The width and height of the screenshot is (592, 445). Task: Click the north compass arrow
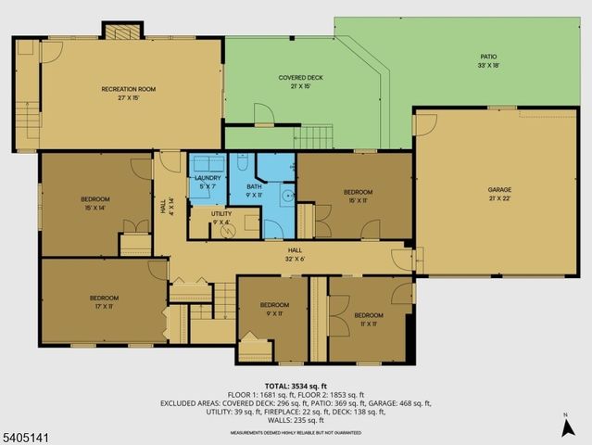click(565, 426)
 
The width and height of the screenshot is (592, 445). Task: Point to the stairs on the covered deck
click(313, 137)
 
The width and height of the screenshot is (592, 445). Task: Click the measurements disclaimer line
click(296, 431)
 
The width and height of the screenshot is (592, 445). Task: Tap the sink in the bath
click(288, 196)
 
